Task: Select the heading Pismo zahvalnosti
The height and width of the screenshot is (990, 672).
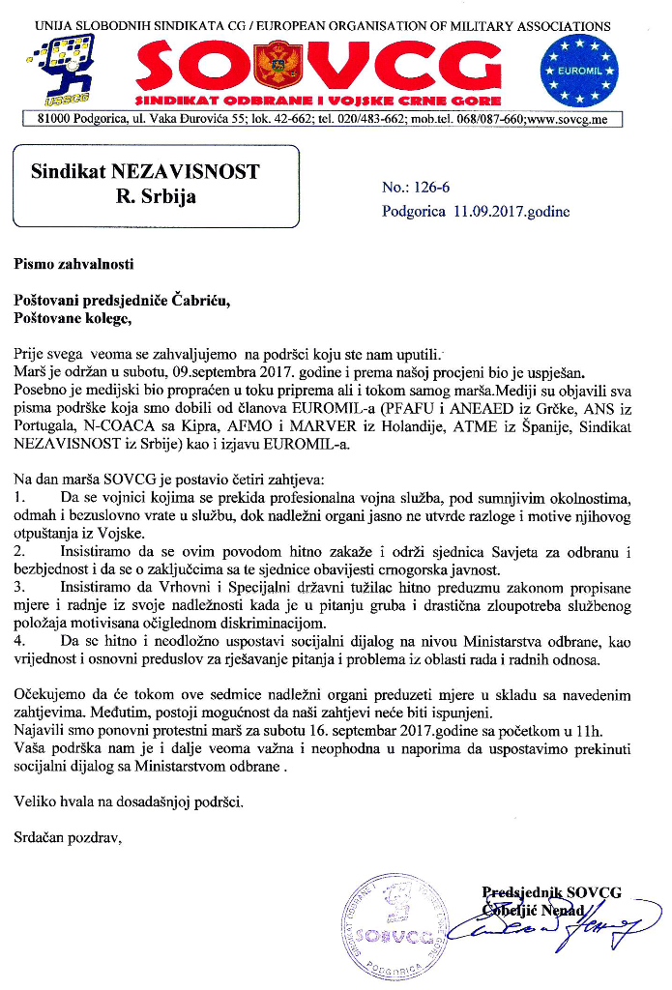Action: pos(73,262)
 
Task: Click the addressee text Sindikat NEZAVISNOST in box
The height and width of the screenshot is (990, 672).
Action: pos(145,172)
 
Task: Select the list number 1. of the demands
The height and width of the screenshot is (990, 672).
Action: pos(20,498)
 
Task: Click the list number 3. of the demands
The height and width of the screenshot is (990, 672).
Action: pos(20,586)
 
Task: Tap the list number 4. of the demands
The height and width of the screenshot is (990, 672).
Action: pos(20,644)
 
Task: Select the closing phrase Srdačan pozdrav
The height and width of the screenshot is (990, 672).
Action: pos(68,837)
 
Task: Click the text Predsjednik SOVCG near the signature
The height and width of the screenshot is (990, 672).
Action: pos(551,892)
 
